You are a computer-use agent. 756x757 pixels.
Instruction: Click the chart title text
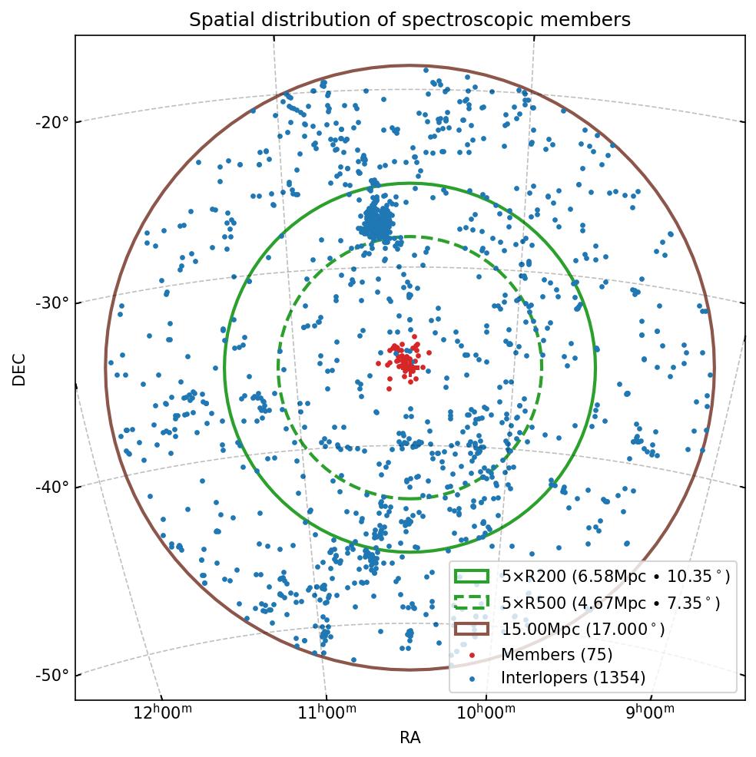click(x=409, y=20)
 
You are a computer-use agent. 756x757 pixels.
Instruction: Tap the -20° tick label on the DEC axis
click(x=51, y=121)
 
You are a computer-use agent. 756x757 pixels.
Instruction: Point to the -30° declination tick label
click(x=51, y=302)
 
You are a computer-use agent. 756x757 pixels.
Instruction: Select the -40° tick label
click(x=51, y=486)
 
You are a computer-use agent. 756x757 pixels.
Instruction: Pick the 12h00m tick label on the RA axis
click(x=162, y=711)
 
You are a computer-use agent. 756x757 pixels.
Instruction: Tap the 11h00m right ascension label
click(x=326, y=711)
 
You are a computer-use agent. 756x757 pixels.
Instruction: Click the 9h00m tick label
click(x=650, y=711)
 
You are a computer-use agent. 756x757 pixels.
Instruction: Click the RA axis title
click(x=409, y=738)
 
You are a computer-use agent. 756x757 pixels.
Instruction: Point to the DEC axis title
click(x=19, y=369)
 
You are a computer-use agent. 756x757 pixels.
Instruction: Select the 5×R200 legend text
click(x=615, y=576)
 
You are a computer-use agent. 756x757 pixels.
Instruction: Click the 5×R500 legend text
click(x=611, y=603)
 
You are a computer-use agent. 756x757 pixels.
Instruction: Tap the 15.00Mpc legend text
click(x=583, y=630)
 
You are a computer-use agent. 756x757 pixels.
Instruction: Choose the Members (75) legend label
click(x=557, y=655)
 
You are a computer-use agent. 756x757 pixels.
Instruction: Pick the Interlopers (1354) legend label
click(x=573, y=678)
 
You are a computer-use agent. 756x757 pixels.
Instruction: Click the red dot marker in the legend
click(x=472, y=655)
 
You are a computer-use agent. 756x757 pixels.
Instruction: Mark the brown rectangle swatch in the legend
click(x=472, y=629)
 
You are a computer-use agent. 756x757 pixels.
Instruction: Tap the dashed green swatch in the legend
click(x=472, y=603)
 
